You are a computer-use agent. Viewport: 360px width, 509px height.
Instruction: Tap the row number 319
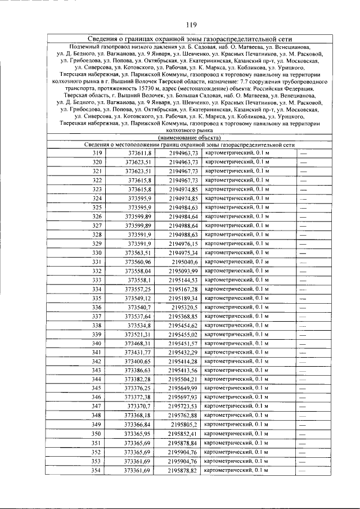pos(97,153)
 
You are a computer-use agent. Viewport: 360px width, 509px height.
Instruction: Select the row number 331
pos(97,262)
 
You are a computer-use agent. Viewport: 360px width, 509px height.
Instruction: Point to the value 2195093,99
pos(183,271)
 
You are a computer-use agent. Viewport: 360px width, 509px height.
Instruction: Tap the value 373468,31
pos(138,343)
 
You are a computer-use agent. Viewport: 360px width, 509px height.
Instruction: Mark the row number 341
pos(97,352)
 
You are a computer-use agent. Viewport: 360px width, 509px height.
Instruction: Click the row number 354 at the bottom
pos(97,470)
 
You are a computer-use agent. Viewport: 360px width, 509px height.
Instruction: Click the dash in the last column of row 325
pos(303,208)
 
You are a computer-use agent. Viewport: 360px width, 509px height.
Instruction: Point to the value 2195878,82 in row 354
pos(183,470)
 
